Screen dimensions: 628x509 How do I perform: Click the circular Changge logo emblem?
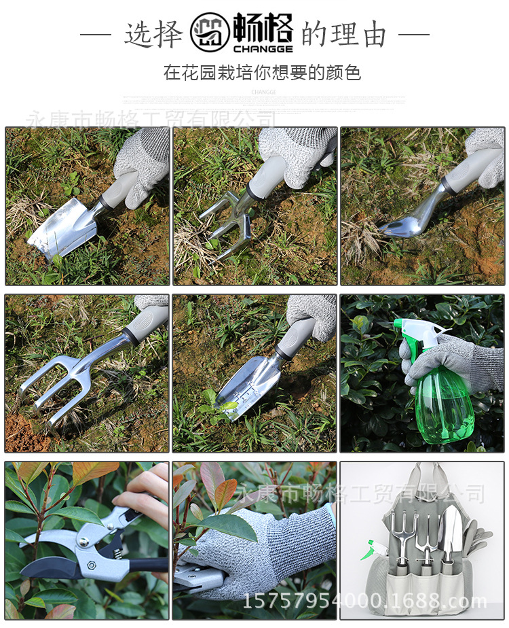210,33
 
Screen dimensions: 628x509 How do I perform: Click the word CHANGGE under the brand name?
263,49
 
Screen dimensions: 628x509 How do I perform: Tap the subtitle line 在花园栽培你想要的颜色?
262,73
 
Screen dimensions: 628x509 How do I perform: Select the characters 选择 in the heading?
154,35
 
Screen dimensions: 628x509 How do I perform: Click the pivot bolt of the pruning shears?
85,542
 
